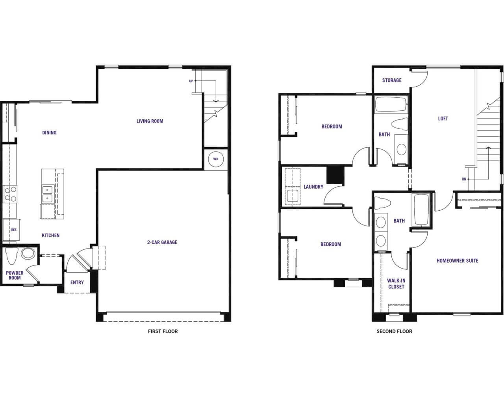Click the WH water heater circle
[216, 159]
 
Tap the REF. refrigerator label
[14, 230]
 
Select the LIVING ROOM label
[150, 121]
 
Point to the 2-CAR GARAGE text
[162, 242]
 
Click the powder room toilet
[12, 256]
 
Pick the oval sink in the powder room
[28, 254]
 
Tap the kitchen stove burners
[10, 194]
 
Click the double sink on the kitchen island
[48, 194]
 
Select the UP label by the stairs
[191, 81]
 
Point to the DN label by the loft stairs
[464, 179]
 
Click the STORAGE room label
[392, 80]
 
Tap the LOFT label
[443, 119]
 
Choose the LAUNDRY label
[313, 187]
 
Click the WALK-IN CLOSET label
[396, 284]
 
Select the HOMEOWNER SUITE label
[458, 260]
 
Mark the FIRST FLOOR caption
[163, 331]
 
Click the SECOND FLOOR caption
[395, 331]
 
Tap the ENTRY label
[77, 282]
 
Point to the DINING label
[50, 133]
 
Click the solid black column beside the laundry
[335, 175]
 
